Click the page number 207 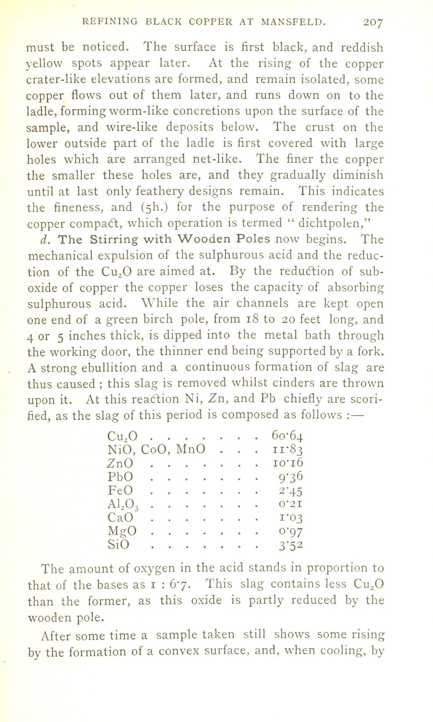(372, 23)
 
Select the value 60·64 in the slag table (287, 436)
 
